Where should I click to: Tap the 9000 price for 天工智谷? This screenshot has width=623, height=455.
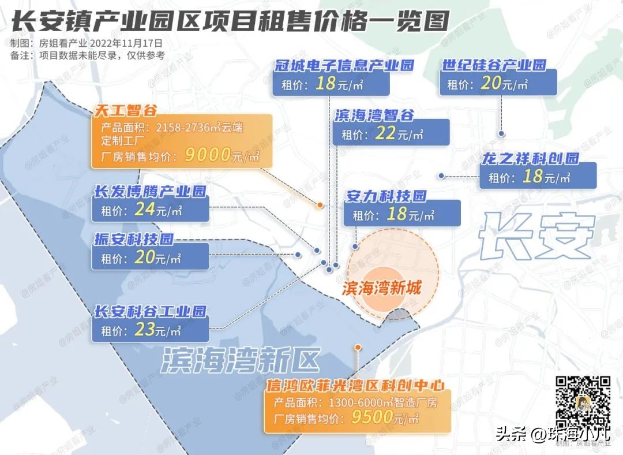click(x=207, y=155)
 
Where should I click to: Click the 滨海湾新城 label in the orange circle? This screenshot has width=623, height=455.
click(x=381, y=288)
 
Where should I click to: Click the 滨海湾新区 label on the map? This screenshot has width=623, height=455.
click(x=241, y=360)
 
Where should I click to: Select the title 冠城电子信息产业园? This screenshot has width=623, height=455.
click(x=345, y=65)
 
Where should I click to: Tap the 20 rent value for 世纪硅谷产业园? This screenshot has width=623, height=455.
click(x=490, y=84)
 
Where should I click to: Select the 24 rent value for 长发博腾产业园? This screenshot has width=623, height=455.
click(x=144, y=209)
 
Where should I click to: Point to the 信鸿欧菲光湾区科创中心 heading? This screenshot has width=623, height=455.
click(x=355, y=385)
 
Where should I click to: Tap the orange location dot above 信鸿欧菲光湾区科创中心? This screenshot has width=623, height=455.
click(x=358, y=347)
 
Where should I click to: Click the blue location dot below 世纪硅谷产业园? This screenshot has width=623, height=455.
click(x=502, y=134)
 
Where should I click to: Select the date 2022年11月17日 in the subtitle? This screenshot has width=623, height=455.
click(x=127, y=43)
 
